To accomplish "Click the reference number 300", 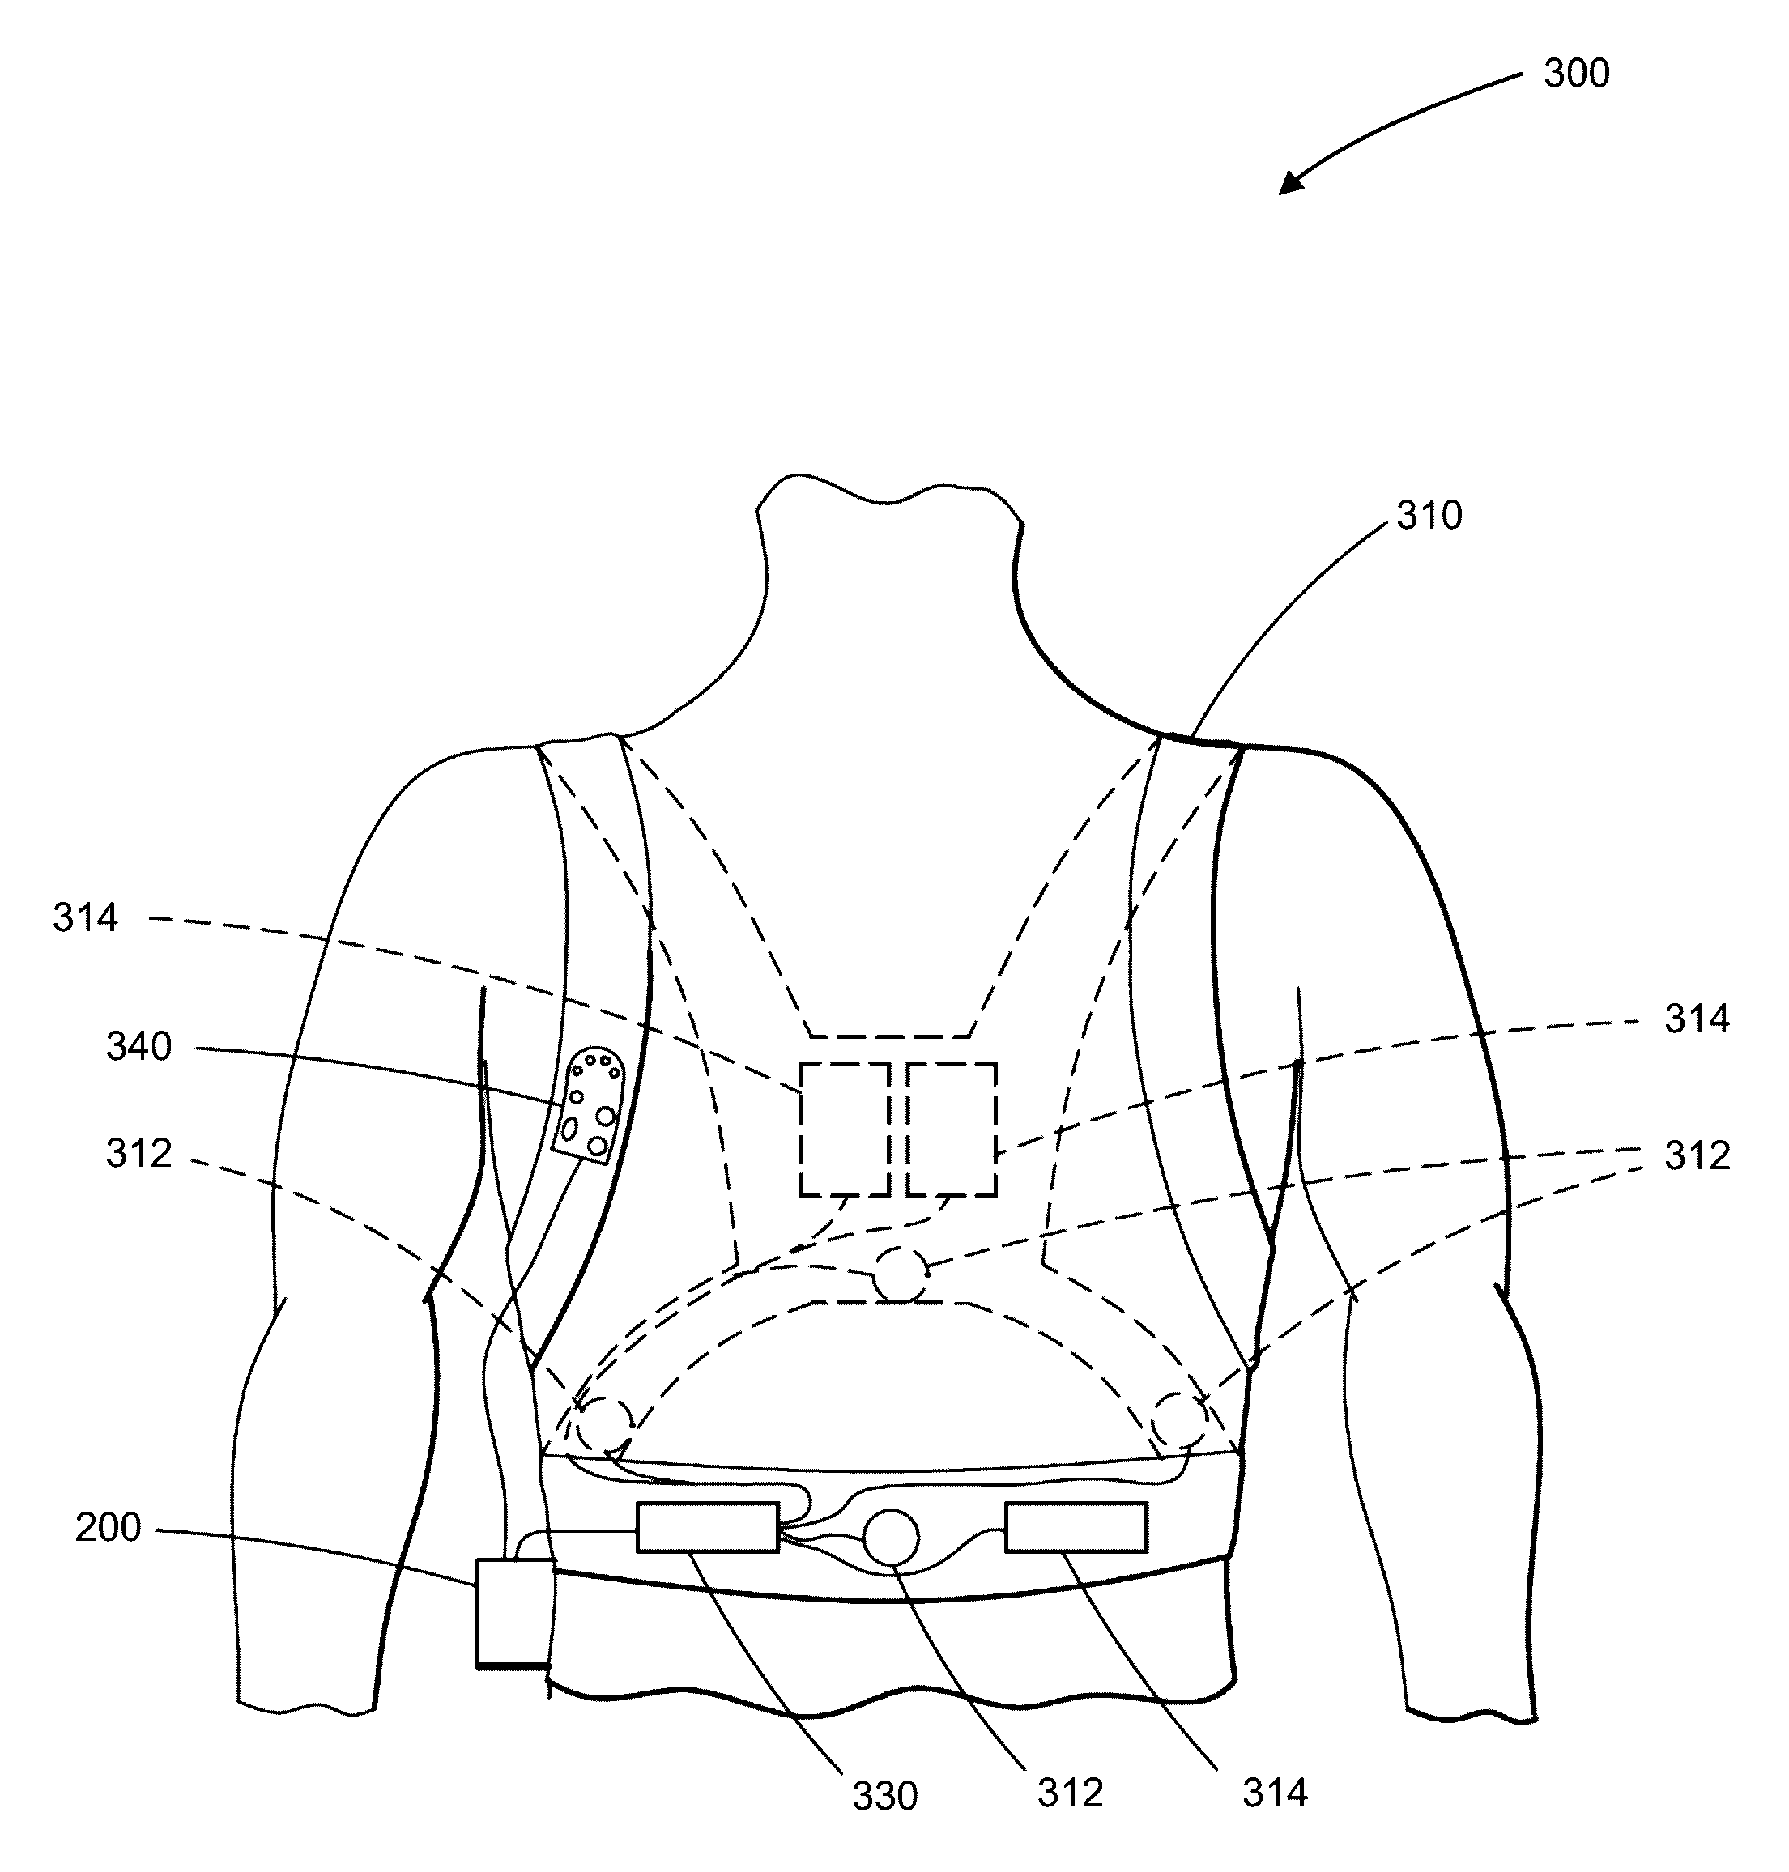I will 1576,74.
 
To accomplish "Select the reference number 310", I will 1429,516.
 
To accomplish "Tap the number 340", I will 138,1047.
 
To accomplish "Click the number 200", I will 108,1528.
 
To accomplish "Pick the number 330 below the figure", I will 884,1796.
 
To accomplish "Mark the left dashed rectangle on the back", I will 844,1130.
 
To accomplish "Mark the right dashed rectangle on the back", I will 952,1130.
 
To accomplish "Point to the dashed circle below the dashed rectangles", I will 901,1274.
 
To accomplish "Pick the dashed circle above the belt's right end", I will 1178,1420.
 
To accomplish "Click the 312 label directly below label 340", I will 138,1154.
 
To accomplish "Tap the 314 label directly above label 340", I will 85,918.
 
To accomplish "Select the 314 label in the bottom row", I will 1274,1793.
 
